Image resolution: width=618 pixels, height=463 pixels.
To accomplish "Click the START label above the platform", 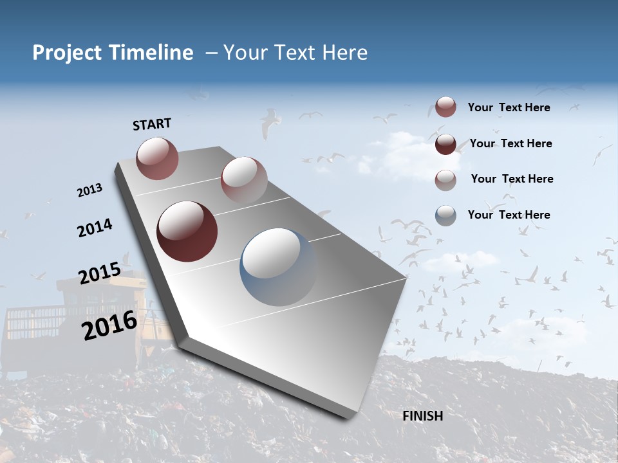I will coord(152,124).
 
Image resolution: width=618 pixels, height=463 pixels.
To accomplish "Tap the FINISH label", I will coord(423,416).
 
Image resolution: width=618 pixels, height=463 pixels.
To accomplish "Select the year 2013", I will coord(90,190).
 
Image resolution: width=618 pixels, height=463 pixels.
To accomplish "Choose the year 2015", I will coord(100,274).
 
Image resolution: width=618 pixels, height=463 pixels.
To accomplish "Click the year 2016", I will coord(109,325).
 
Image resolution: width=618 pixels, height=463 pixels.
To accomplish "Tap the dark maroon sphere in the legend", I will coord(445,144).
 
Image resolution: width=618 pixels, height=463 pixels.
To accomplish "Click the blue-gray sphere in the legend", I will coord(445,215).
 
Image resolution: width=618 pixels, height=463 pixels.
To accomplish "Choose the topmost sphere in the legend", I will coord(445,107).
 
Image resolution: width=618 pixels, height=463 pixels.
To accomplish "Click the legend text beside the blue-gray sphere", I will coord(509,215).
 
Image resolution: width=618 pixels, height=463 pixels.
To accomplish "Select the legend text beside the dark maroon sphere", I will coord(510,143).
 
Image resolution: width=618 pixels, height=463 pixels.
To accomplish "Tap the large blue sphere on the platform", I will coord(278,267).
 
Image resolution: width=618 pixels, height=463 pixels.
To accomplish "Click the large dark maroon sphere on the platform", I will coord(187,232).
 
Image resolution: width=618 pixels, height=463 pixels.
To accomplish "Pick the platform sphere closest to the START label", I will coord(157,158).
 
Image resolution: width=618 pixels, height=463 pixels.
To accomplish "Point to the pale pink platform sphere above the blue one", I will coord(243,179).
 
